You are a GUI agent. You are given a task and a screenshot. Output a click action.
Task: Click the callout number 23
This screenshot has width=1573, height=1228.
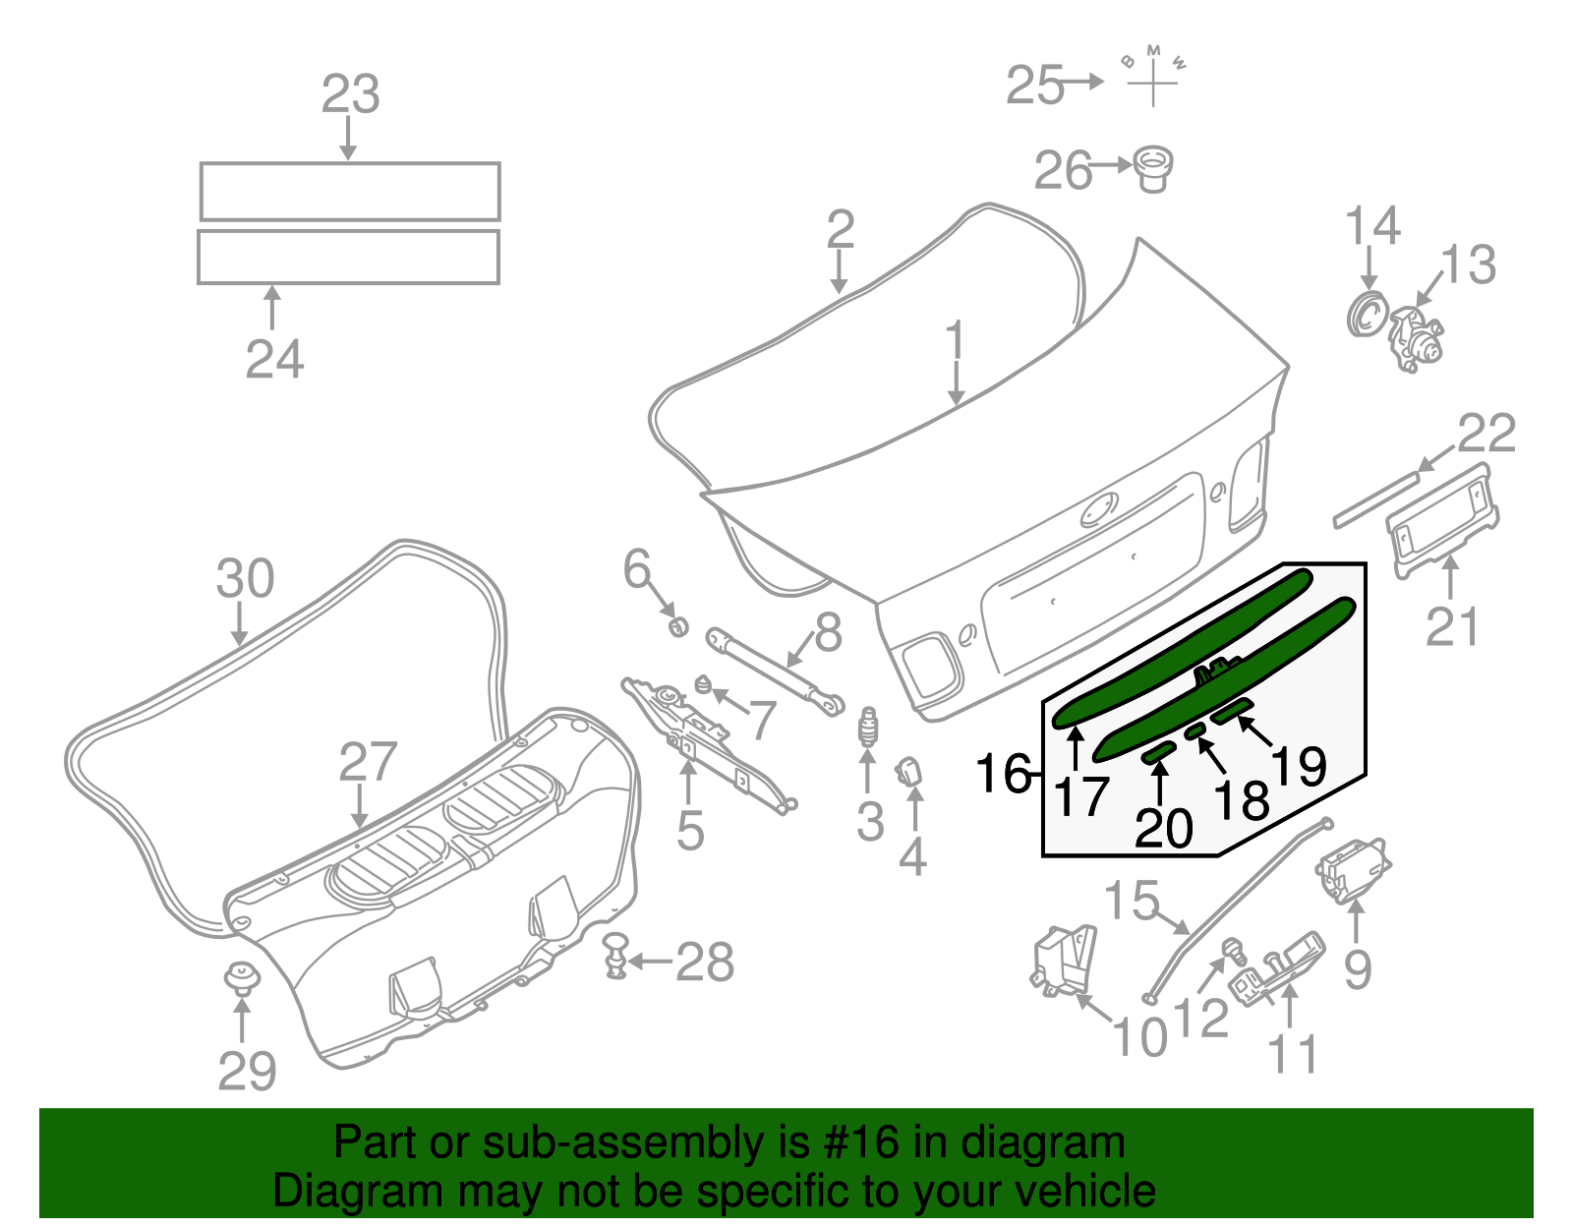[x=350, y=95]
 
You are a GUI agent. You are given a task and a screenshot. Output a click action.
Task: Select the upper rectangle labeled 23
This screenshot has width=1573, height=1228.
[x=350, y=191]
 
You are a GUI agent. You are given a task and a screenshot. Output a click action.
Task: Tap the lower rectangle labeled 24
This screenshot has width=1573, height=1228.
[x=348, y=257]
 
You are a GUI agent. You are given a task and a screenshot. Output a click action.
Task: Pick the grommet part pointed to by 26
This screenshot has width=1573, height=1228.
[x=1153, y=169]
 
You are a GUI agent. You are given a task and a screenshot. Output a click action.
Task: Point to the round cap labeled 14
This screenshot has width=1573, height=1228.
[x=1365, y=314]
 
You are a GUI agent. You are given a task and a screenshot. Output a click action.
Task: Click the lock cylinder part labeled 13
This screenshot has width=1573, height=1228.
[x=1417, y=339]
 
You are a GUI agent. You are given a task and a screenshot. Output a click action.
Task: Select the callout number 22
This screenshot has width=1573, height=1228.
[x=1486, y=434]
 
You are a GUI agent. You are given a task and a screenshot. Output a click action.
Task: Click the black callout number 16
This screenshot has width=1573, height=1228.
[x=1004, y=774]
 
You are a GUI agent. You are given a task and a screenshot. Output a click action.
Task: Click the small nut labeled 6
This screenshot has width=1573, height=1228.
[x=677, y=625]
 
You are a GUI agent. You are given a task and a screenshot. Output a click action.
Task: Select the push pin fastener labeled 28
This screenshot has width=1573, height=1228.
[x=616, y=955]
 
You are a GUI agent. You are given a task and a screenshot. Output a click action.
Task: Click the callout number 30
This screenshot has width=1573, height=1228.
[x=245, y=579]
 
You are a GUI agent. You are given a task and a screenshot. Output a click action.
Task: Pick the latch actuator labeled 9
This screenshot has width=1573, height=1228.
[x=1351, y=870]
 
